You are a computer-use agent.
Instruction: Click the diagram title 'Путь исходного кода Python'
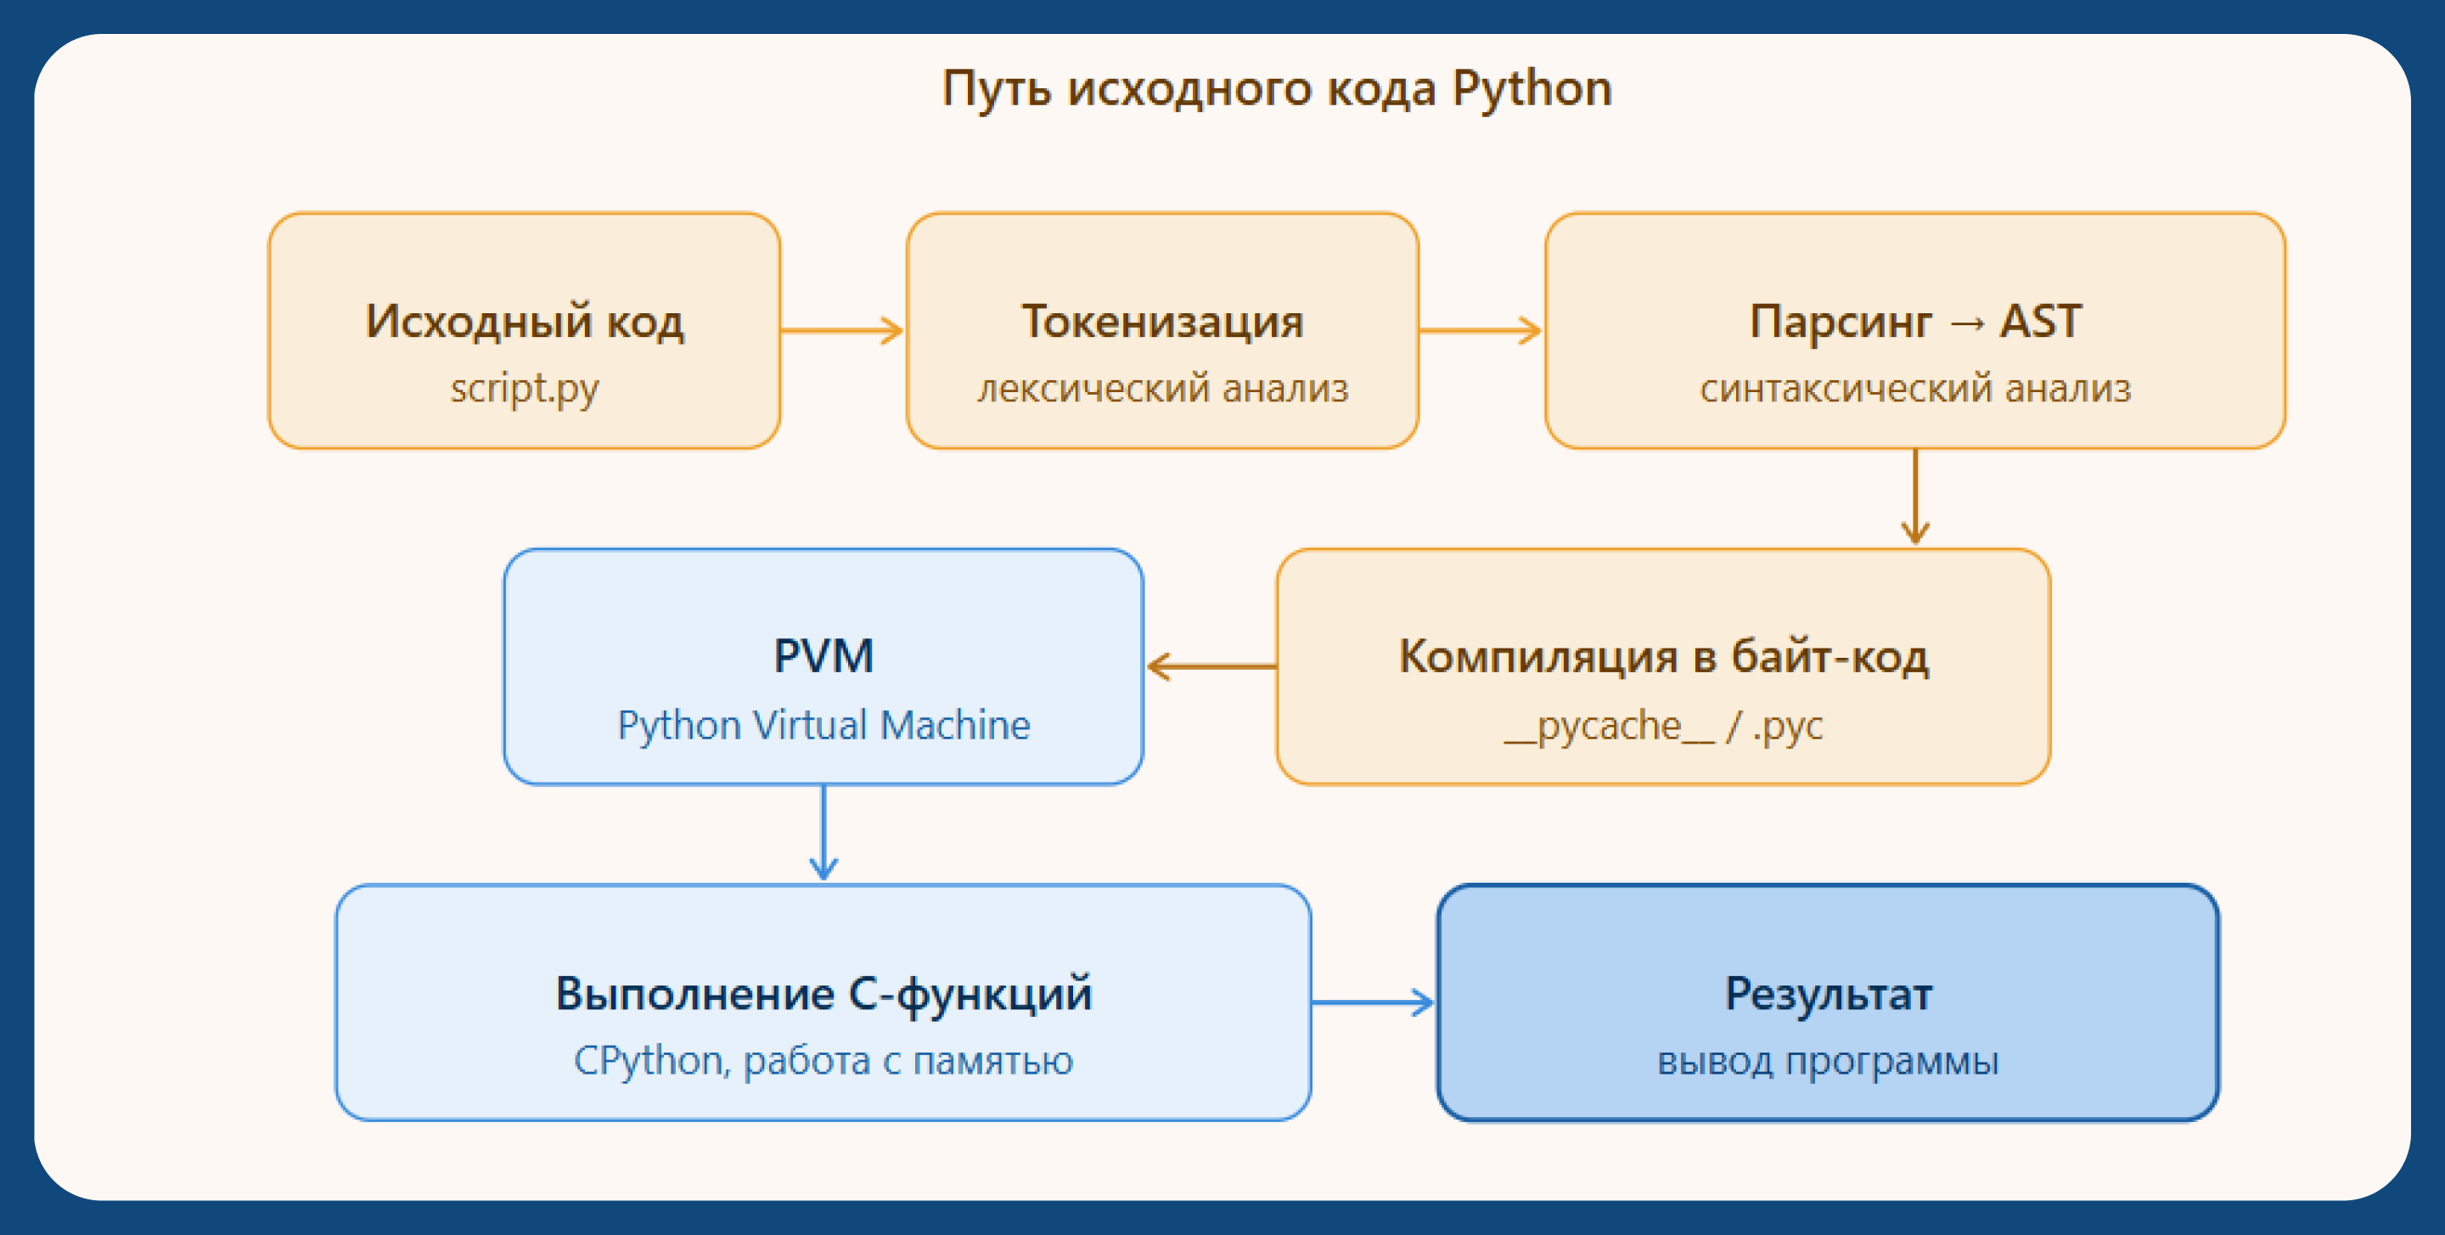pyautogui.click(x=1277, y=88)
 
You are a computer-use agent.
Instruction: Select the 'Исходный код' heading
pyautogui.click(x=525, y=321)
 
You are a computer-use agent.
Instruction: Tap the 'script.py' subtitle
pyautogui.click(x=525, y=388)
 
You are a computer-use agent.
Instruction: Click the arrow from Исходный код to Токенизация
pyautogui.click(x=842, y=330)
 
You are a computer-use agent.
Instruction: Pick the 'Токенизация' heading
pyautogui.click(x=1163, y=321)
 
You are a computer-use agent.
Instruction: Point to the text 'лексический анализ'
pyautogui.click(x=1163, y=388)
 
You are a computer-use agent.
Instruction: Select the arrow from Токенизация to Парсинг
pyautogui.click(x=1481, y=330)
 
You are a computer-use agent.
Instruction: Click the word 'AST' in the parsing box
pyautogui.click(x=2041, y=321)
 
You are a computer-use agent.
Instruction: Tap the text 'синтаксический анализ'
pyautogui.click(x=1915, y=388)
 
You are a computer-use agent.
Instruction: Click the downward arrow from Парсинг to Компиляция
pyautogui.click(x=1915, y=497)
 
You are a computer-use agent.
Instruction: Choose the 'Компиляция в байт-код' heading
pyautogui.click(x=1664, y=656)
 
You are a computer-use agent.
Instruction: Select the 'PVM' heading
pyautogui.click(x=823, y=656)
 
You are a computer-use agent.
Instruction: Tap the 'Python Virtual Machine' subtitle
pyautogui.click(x=823, y=725)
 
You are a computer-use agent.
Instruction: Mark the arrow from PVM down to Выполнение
pyautogui.click(x=823, y=833)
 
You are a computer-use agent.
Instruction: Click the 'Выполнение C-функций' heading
pyautogui.click(x=823, y=994)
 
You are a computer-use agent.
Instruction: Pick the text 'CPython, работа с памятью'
pyautogui.click(x=823, y=1060)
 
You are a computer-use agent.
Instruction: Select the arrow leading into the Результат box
pyautogui.click(x=1373, y=1002)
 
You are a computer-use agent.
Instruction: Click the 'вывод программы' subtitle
pyautogui.click(x=1828, y=1060)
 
